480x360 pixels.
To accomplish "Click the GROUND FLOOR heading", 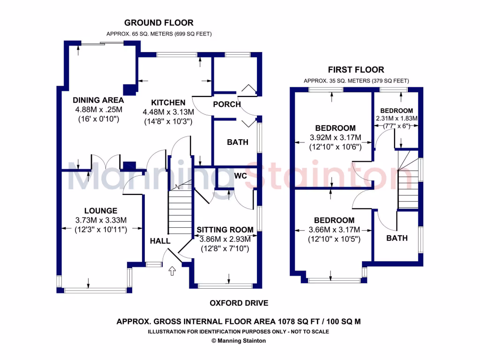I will tap(158, 22).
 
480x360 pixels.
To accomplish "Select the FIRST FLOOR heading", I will tap(356, 70).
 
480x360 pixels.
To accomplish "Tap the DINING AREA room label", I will tap(98, 100).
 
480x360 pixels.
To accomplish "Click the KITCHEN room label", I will tap(168, 103).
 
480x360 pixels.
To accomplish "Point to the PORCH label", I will tap(226, 104).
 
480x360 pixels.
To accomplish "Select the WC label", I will tap(240, 175).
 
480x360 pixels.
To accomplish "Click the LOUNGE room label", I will tap(101, 211).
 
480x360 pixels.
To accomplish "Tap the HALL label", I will tap(160, 241).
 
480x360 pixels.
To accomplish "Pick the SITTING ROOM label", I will tap(225, 230).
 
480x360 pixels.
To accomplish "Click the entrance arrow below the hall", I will tap(172, 270).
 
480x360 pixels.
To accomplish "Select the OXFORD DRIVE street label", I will tap(239, 303).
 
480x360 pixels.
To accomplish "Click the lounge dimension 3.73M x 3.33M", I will tap(101, 220).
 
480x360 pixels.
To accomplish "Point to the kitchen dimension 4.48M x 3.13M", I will tap(168, 112).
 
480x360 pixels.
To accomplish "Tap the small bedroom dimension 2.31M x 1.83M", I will tap(397, 118).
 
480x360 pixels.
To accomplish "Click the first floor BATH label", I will tap(397, 238).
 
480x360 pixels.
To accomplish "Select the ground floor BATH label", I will tap(238, 142).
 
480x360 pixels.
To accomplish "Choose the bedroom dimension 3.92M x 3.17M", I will tap(335, 137).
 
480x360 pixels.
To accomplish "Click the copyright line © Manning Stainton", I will tap(239, 341).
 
